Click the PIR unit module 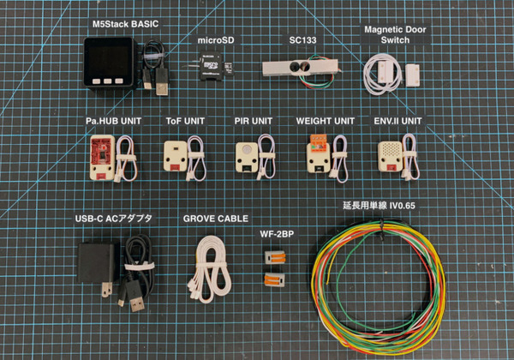point(248,156)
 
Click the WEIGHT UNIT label point(326,121)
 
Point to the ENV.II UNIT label point(397,121)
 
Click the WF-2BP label point(275,234)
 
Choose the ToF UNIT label point(187,121)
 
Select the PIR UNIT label point(254,121)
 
